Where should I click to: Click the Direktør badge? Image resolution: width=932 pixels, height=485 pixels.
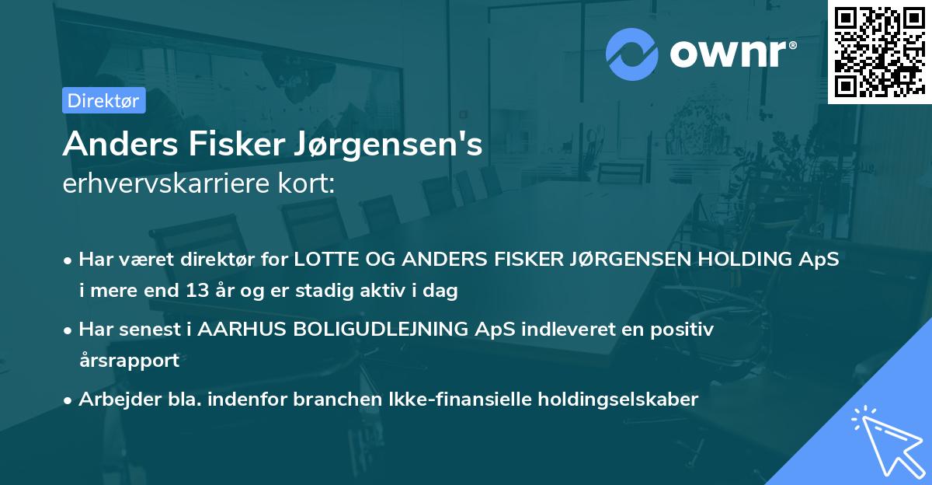click(103, 100)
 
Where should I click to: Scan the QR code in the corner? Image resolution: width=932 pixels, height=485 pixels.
click(879, 51)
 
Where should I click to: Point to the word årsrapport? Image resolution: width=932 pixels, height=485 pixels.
click(129, 361)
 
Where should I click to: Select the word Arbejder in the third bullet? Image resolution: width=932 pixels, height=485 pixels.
click(112, 399)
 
